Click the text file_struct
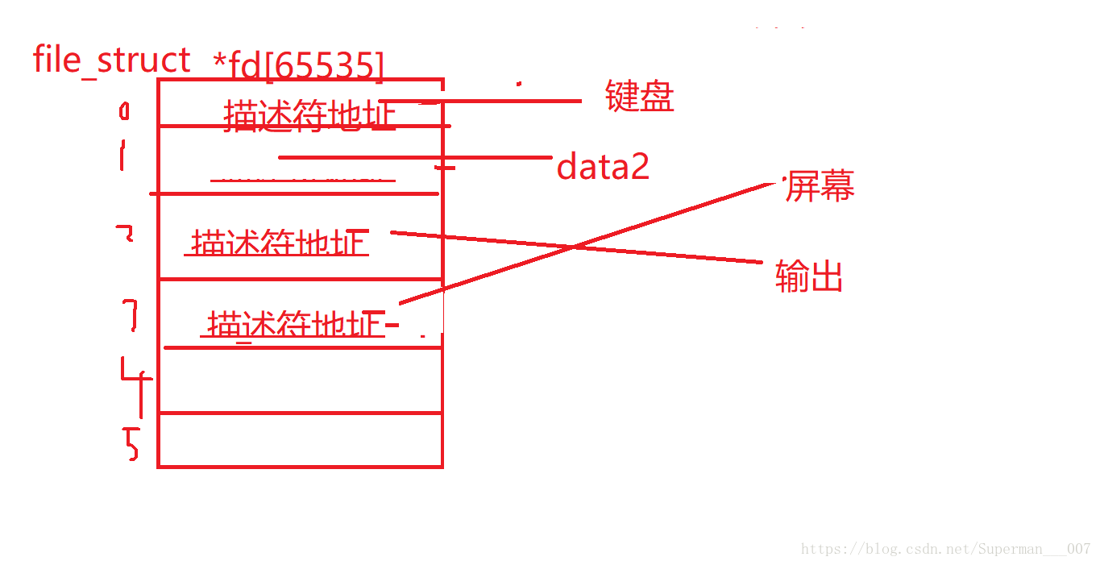click(112, 60)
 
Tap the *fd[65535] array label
click(299, 65)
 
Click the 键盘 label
click(639, 97)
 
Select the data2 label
click(603, 167)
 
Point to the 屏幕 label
click(820, 186)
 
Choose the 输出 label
click(808, 276)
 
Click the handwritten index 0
click(123, 110)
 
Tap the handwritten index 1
click(122, 155)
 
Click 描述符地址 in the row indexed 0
click(310, 115)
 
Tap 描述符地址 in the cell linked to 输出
click(279, 242)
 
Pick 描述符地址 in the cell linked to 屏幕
click(293, 324)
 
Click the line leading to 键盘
click(500, 102)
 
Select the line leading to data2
click(415, 157)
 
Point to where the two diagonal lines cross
click(574, 246)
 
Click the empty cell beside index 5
click(300, 439)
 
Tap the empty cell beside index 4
click(300, 380)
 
